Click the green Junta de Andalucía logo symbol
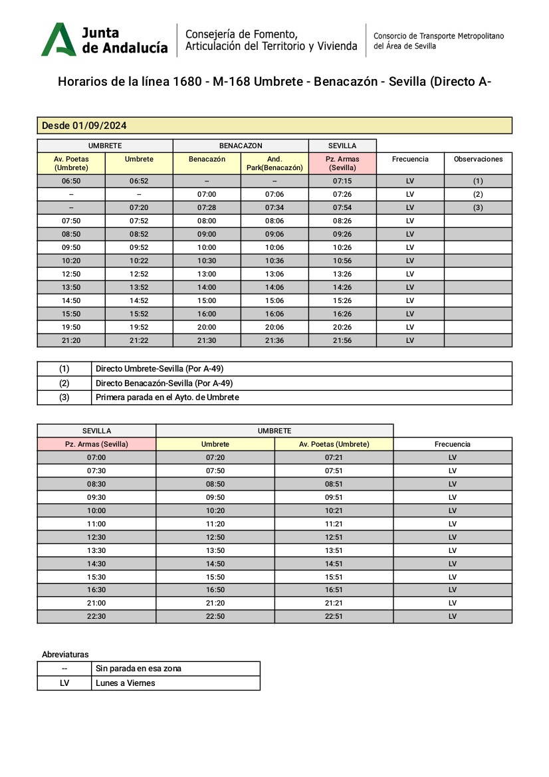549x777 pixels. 58,39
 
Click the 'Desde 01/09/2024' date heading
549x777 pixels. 84,126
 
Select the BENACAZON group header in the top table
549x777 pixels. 241,146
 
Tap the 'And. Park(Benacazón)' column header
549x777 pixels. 274,164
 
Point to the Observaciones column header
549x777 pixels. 478,160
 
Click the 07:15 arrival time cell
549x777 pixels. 342,181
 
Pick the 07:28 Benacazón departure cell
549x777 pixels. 207,207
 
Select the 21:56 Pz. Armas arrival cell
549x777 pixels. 342,340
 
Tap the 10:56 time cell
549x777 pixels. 342,261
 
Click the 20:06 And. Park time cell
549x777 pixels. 274,327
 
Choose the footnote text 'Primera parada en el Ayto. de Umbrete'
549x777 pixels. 167,397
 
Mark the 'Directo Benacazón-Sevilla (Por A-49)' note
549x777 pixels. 164,384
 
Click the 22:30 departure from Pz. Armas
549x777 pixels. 96,616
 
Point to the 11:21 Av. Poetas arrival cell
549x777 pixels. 334,524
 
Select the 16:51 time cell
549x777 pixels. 334,590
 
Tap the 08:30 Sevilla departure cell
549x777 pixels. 96,484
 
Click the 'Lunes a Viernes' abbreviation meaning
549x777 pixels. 126,683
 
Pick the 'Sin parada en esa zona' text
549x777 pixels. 138,669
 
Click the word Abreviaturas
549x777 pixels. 65,655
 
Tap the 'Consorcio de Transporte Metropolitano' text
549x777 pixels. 439,35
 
